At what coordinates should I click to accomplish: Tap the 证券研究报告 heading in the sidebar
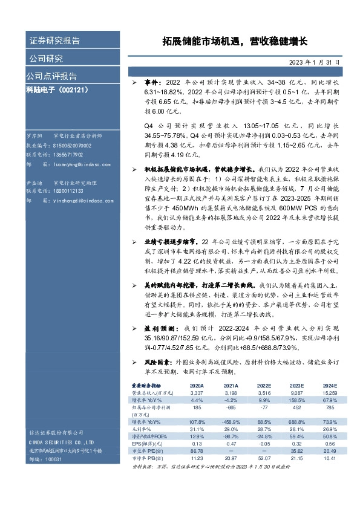pyautogui.click(x=54, y=41)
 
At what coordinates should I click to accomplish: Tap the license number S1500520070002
pyautogui.click(x=73, y=146)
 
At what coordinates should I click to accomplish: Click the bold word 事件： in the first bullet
pyautogui.click(x=152, y=81)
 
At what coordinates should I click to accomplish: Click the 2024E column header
pyautogui.click(x=329, y=385)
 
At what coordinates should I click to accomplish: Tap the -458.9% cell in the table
pyautogui.click(x=229, y=422)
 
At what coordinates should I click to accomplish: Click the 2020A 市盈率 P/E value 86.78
pyautogui.click(x=197, y=451)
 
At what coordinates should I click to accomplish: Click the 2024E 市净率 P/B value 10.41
pyautogui.click(x=329, y=458)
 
